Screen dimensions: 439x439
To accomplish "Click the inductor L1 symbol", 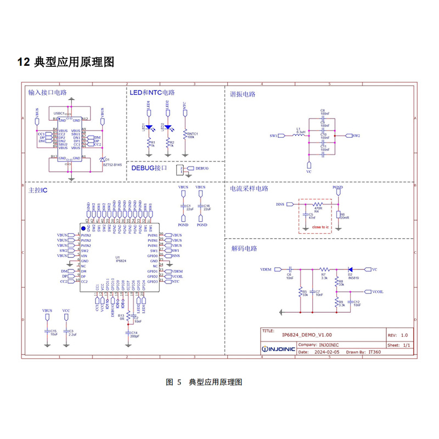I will click(300, 135).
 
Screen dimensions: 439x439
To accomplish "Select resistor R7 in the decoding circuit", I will click(324, 269).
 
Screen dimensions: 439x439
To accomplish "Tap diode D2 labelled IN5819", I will click(350, 269).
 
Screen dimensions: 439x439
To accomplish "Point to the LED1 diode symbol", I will click(149, 127).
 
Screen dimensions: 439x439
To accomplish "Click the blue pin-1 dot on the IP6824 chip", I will click(83, 227).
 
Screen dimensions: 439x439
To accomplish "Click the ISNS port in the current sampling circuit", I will click(282, 204).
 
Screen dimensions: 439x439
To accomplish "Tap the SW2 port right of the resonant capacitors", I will click(354, 135).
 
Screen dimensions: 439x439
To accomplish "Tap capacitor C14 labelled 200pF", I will click(129, 333).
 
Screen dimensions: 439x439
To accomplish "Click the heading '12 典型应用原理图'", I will click(66, 62).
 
